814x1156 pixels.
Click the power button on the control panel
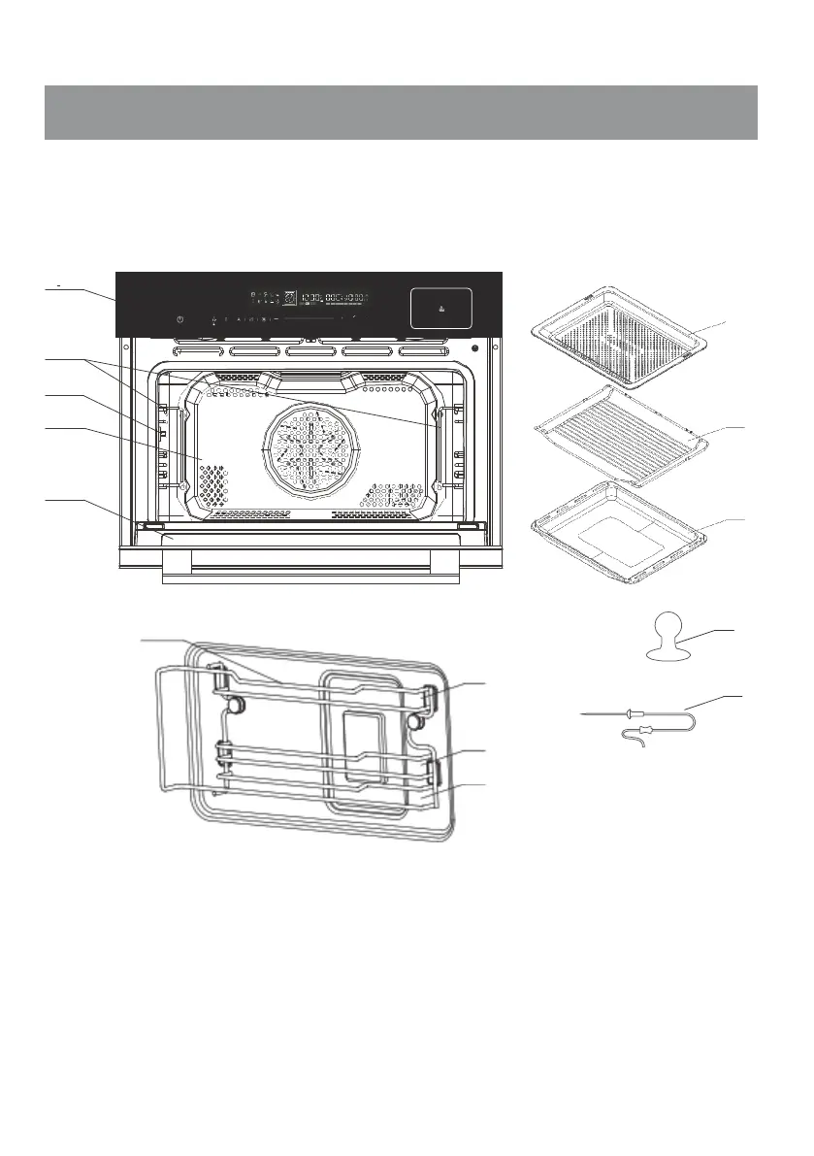[x=180, y=318]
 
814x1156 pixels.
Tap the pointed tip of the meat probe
[x=583, y=714]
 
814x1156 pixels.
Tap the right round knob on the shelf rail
[x=414, y=721]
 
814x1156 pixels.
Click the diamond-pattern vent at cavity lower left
[x=212, y=482]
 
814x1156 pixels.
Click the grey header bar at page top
[x=401, y=113]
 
